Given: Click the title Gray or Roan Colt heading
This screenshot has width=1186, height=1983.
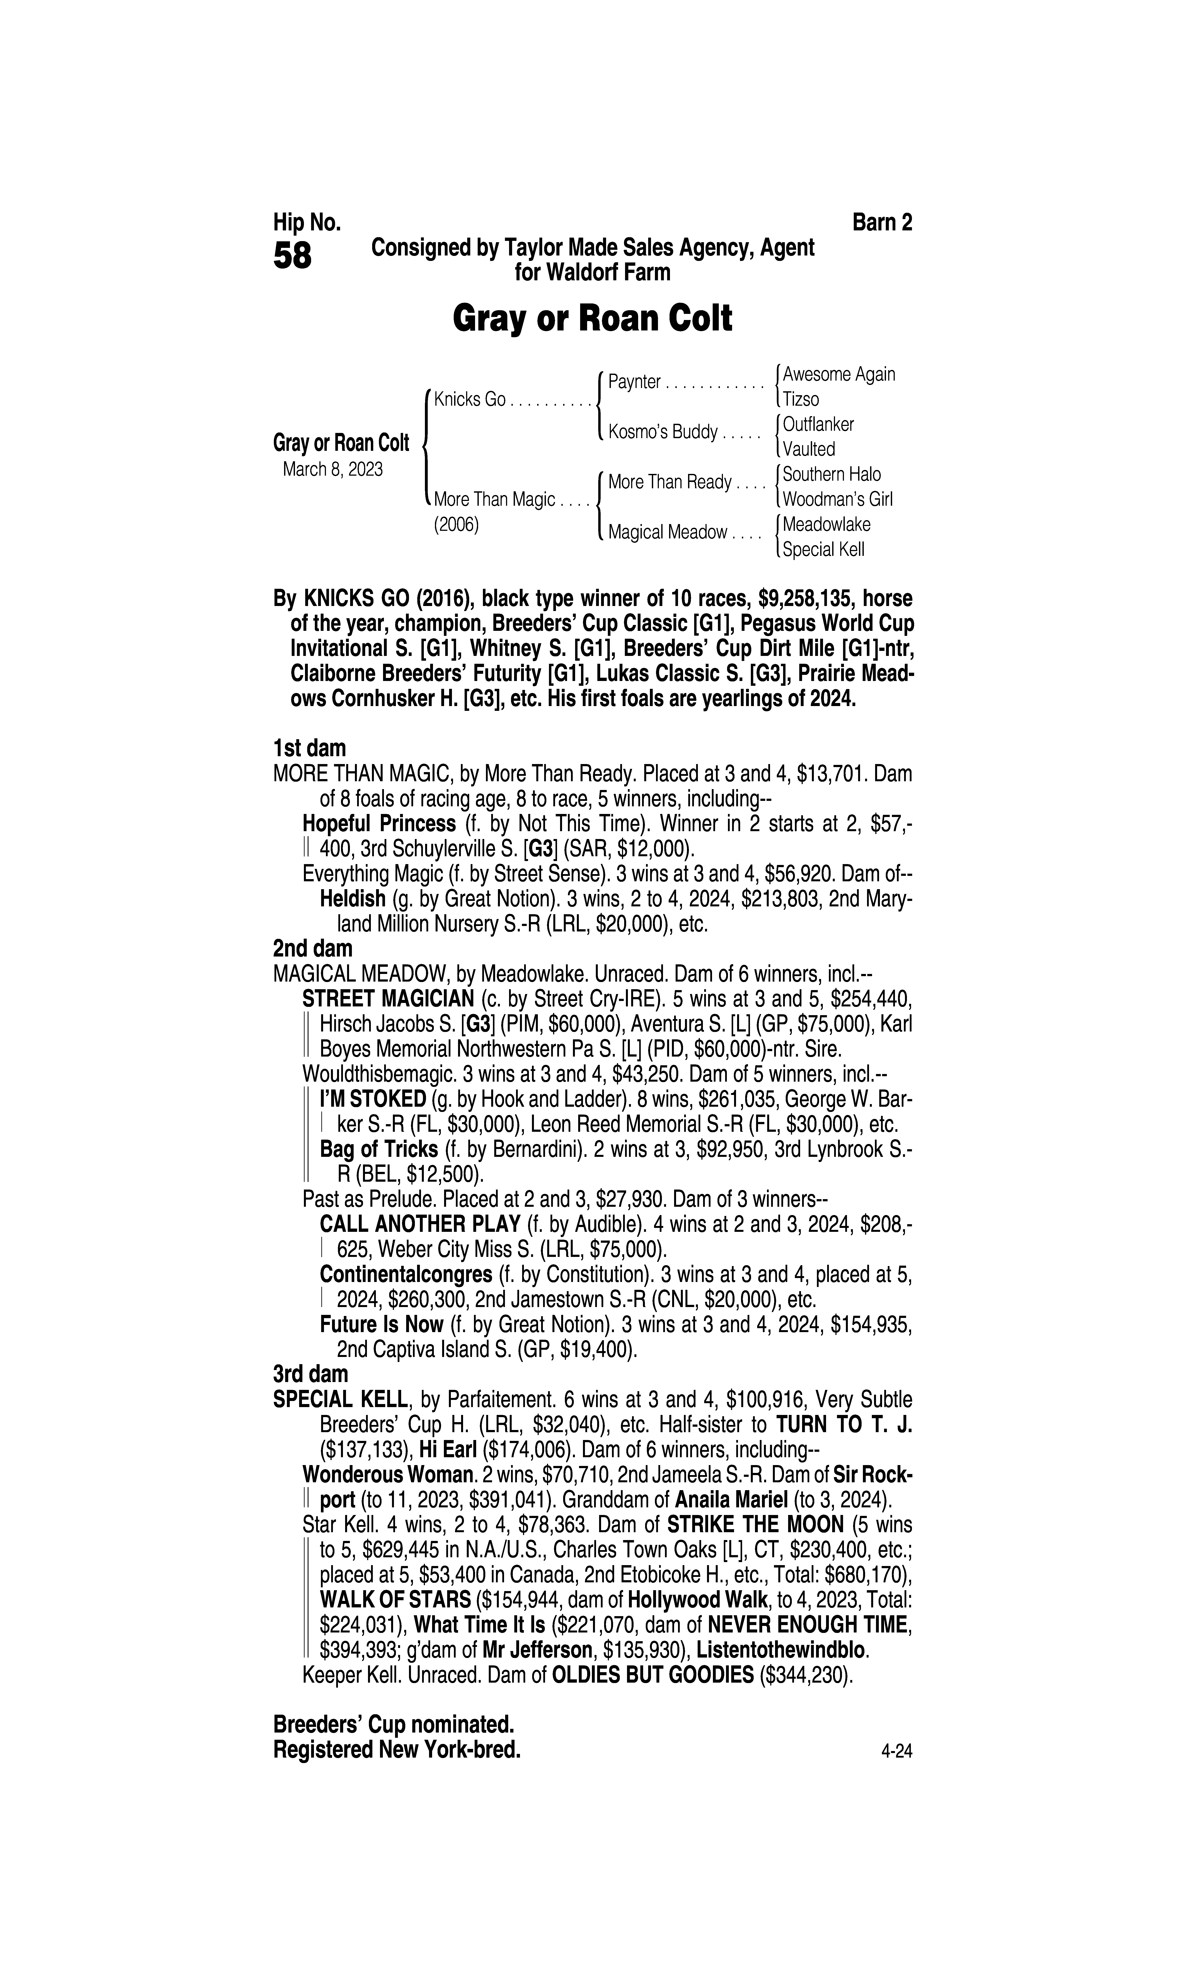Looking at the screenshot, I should coord(592,319).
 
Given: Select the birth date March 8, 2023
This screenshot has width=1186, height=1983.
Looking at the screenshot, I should coord(332,469).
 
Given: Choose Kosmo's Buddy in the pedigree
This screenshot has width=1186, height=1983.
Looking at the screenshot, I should coord(663,432).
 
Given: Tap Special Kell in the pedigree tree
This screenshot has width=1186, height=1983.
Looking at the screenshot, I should coord(823,550).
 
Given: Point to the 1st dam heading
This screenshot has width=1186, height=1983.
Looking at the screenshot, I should coord(309,749).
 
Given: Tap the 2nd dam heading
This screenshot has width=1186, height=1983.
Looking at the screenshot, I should coord(312,948).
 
